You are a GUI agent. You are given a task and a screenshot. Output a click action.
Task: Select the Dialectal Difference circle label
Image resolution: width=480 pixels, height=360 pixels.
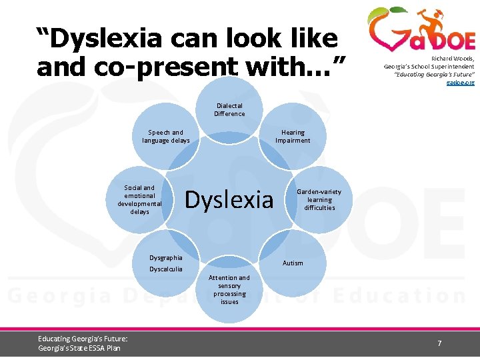pos(229,109)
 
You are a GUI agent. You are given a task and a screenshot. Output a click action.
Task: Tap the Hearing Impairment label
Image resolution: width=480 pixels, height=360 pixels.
pos(293,137)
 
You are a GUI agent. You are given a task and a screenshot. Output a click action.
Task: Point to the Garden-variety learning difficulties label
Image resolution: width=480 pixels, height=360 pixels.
pos(319,199)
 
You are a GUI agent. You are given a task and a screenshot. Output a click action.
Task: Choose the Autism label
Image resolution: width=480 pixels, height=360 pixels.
pos(293,263)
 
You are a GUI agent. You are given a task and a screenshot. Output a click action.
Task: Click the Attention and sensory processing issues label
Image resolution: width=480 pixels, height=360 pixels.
pos(229,289)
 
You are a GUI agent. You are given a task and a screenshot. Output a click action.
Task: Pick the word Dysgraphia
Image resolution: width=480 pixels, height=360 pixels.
pos(166,257)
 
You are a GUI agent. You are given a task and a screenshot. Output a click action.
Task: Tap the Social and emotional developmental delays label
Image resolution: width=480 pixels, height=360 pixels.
pos(139,199)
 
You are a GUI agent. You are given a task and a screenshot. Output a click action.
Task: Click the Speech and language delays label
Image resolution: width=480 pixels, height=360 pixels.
pos(166,137)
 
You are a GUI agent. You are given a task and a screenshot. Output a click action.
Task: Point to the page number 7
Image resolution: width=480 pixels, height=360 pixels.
pos(439,343)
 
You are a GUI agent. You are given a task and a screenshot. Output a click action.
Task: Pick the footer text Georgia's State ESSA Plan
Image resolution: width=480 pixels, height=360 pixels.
pos(79,348)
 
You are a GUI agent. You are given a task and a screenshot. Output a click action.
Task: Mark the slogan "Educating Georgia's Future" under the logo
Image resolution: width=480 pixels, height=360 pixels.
pos(433,75)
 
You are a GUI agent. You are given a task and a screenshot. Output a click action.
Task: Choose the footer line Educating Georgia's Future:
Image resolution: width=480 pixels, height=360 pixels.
pos(83,339)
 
